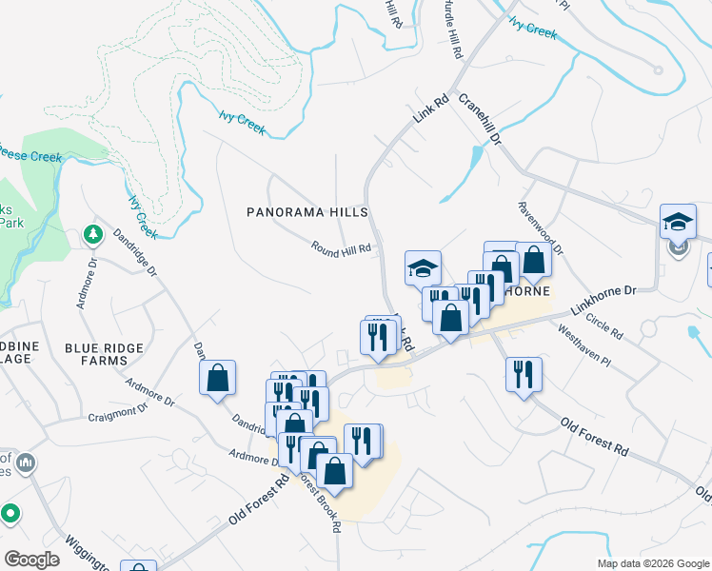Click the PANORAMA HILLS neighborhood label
(x=307, y=211)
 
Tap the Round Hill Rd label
(x=340, y=247)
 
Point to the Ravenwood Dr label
(x=542, y=227)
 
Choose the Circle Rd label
(x=604, y=327)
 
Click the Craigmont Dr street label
(x=118, y=412)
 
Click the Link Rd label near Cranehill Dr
(x=430, y=110)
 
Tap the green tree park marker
(x=93, y=234)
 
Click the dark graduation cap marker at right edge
(x=679, y=223)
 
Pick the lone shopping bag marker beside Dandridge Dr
(x=218, y=377)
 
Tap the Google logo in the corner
(x=31, y=560)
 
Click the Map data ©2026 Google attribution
(x=654, y=563)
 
